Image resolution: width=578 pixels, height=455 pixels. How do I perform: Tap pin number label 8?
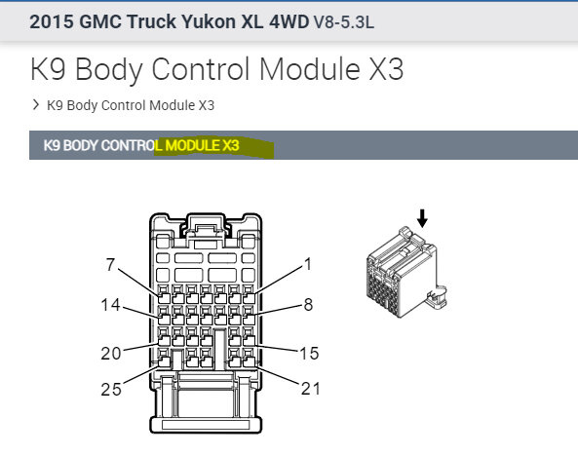(309, 304)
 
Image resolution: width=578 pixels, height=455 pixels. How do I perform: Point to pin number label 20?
(110, 354)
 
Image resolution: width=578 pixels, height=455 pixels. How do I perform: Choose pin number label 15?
(310, 352)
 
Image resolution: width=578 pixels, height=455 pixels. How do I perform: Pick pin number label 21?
(310, 389)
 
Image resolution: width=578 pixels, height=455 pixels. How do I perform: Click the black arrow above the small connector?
(421, 220)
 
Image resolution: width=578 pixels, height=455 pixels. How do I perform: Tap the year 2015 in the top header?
(53, 22)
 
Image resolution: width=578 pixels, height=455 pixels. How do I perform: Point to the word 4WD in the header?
(287, 22)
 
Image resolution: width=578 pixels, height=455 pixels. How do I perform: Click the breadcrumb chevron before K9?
(35, 104)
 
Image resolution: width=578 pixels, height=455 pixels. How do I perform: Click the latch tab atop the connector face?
(206, 231)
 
